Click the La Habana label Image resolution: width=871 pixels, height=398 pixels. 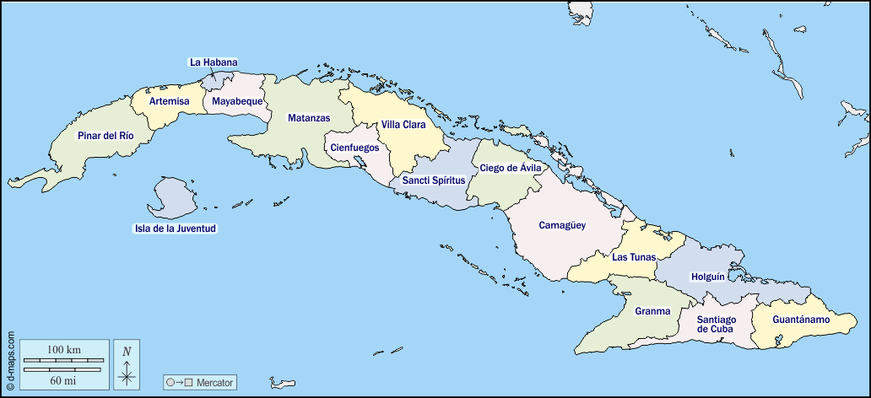(214, 62)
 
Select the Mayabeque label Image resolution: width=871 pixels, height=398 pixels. (237, 101)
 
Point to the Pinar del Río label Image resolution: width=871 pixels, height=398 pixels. (105, 136)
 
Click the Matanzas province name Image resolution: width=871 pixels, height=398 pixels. (308, 118)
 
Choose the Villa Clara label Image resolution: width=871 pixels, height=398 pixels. (403, 125)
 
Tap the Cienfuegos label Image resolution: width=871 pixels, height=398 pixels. (354, 148)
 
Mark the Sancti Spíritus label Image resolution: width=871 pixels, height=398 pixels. (433, 180)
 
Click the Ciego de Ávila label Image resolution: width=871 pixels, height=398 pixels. (510, 168)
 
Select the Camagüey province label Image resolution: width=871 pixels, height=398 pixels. (562, 225)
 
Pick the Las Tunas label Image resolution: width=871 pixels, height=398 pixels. (634, 257)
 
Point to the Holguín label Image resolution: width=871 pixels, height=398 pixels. (707, 277)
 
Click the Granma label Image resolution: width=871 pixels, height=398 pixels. (652, 311)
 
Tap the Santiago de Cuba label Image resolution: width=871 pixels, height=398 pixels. (716, 324)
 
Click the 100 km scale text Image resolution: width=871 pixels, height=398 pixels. (64, 349)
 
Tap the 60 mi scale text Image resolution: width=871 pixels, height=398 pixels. (64, 380)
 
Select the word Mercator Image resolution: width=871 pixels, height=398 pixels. (216, 382)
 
